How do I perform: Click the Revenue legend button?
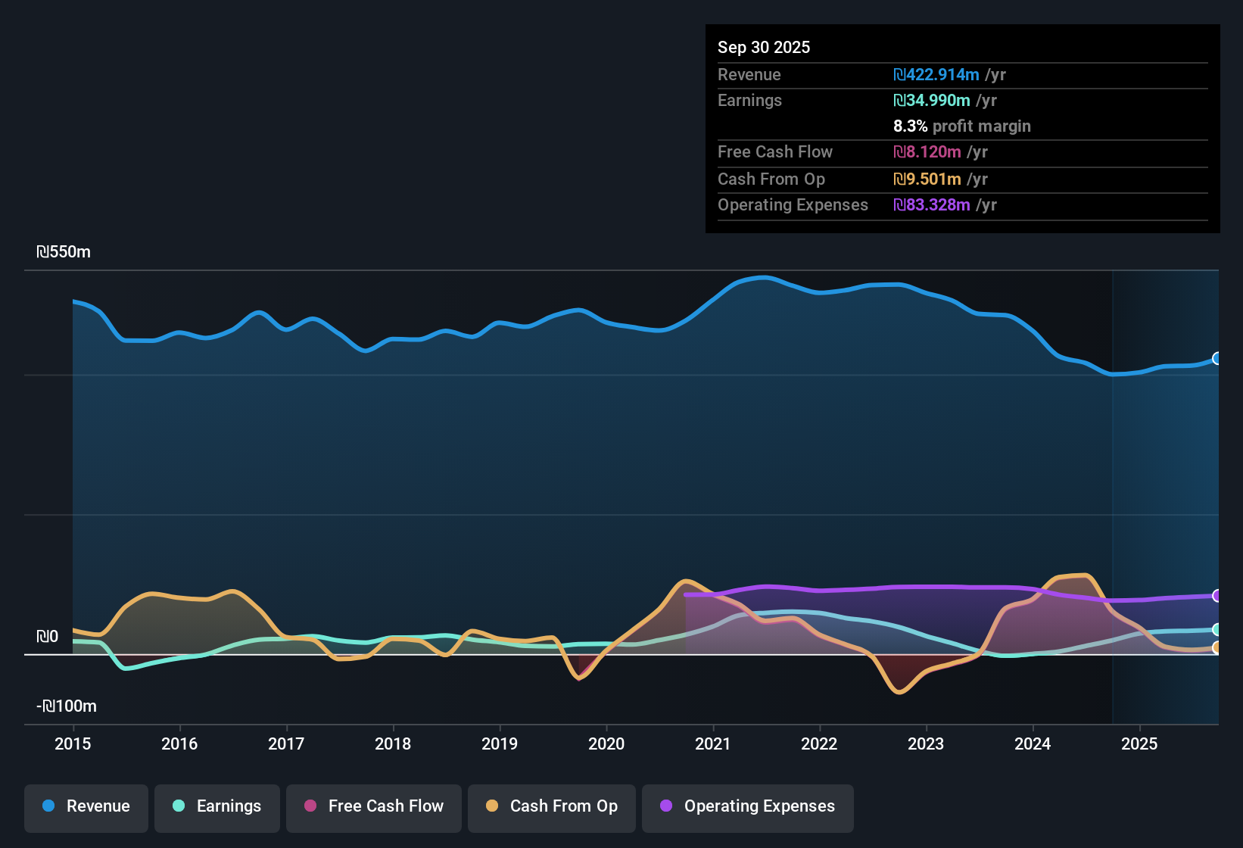click(x=86, y=806)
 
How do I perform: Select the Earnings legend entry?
click(x=217, y=806)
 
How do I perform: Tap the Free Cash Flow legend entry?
click(x=374, y=806)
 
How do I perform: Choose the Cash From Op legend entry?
click(x=552, y=806)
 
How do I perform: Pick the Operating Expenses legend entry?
click(x=748, y=806)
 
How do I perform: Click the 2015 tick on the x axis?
click(x=73, y=744)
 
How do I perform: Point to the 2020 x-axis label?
click(x=606, y=744)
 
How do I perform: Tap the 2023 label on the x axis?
click(x=926, y=744)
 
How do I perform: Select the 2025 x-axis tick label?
click(x=1139, y=744)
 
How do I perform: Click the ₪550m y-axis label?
click(x=64, y=252)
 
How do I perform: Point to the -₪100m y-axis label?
click(x=67, y=706)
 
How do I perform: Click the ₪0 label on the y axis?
click(x=48, y=637)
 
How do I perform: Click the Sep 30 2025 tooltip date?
click(x=764, y=47)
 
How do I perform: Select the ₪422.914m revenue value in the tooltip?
click(x=936, y=74)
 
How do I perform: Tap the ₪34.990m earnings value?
click(x=932, y=101)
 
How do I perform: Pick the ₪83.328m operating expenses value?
click(x=932, y=205)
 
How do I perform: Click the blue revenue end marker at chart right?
click(x=1217, y=358)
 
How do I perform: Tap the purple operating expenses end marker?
click(x=1217, y=596)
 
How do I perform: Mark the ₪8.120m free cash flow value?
click(x=927, y=152)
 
